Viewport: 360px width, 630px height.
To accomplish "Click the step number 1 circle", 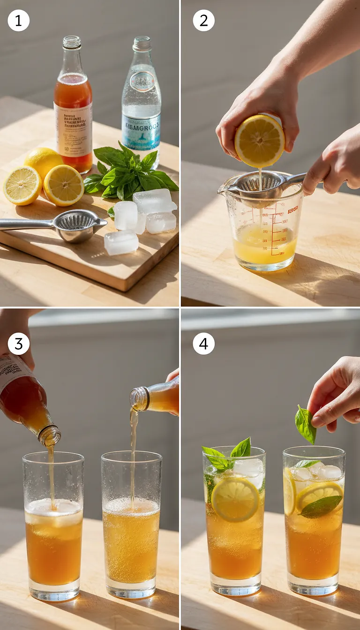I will (19, 21).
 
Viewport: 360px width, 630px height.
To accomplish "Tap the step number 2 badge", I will (204, 21).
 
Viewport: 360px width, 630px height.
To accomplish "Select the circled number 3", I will (19, 344).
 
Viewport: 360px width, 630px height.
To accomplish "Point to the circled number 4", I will (204, 344).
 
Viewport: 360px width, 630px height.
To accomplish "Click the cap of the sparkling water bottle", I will (142, 44).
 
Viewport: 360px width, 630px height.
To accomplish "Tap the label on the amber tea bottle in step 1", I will (73, 128).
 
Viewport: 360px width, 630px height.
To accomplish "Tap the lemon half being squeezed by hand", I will (259, 141).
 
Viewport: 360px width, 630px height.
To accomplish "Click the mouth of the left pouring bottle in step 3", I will (50, 436).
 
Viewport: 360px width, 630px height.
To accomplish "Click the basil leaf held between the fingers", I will (305, 424).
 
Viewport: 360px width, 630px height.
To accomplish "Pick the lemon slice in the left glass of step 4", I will (235, 499).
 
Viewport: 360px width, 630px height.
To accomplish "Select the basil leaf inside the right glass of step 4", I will (321, 506).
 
